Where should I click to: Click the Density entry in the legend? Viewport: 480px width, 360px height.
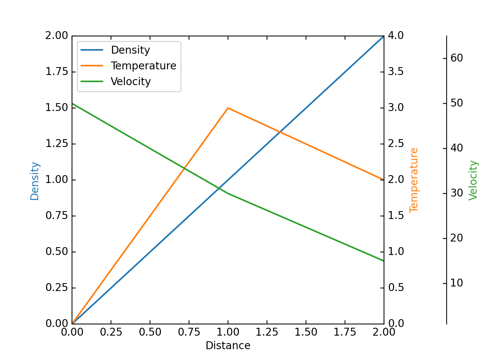[130, 50]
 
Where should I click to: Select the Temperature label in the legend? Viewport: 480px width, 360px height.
[143, 66]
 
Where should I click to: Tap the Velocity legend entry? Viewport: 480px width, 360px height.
[130, 81]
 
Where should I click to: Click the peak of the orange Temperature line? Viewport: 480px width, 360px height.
[228, 108]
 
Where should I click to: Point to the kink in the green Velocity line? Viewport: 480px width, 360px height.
[228, 193]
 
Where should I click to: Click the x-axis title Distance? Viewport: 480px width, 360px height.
[228, 346]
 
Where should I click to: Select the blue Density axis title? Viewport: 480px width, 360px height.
[35, 181]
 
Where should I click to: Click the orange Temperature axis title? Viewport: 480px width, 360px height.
[414, 180]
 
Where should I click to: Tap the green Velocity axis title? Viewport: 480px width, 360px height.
[473, 180]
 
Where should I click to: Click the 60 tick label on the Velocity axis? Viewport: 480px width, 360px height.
[457, 58]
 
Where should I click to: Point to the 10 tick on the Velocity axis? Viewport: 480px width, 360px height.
[457, 283]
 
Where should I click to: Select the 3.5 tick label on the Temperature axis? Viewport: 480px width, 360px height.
[396, 72]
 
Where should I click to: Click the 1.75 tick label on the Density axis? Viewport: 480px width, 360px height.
[57, 72]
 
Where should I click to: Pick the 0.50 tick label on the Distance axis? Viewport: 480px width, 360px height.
[150, 332]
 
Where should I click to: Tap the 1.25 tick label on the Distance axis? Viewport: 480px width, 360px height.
[267, 332]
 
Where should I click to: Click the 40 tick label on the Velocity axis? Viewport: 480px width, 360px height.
[457, 148]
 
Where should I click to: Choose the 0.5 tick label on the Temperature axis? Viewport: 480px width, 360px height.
[396, 288]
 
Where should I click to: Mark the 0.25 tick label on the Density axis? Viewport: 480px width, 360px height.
[57, 288]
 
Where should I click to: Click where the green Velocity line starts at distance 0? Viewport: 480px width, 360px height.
[72, 103]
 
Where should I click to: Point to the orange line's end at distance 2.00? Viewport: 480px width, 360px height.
[384, 180]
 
